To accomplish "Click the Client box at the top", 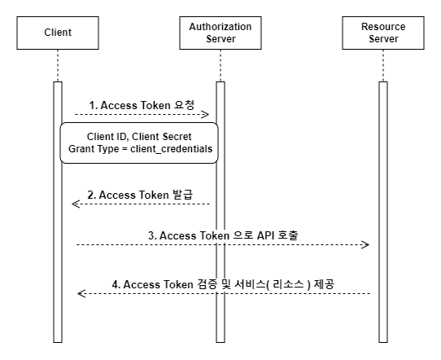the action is pos(58,33).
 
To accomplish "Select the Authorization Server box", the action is pos(220,33).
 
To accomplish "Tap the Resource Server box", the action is pos(383,33).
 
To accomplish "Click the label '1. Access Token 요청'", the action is pos(142,105).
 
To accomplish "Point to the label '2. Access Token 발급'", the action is pos(140,195).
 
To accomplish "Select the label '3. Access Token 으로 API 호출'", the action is pos(223,235).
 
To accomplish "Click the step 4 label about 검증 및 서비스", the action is pos(223,284).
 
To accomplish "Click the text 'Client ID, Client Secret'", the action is pos(139,137).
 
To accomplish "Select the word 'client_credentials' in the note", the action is pos(172,149).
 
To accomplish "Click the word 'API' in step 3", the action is pos(265,235).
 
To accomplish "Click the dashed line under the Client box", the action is pos(58,66).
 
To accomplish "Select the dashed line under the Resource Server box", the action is pos(383,66).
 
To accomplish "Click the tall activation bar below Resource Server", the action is pos(383,212).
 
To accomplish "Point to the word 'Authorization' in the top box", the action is pos(220,27).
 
